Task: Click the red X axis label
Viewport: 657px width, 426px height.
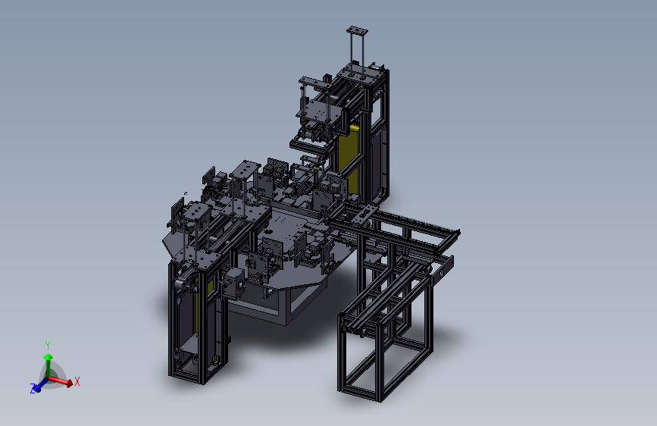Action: [77, 381]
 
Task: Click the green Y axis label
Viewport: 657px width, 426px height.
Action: [48, 346]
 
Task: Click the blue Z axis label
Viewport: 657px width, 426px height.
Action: [33, 389]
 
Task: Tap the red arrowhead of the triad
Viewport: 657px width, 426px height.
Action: [69, 382]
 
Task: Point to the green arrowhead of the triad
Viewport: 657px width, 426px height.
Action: [48, 357]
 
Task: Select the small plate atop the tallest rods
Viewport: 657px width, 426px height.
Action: [357, 30]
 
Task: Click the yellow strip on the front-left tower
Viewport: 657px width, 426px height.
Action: [197, 309]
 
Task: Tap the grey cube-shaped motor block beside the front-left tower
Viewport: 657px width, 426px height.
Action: [234, 283]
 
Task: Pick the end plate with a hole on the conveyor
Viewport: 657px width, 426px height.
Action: [442, 271]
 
